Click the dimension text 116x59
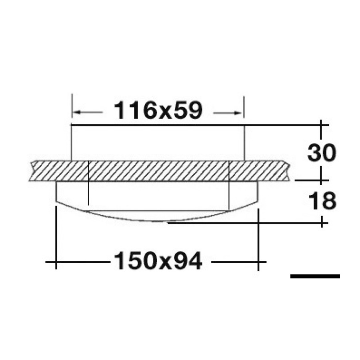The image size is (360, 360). [x=158, y=111]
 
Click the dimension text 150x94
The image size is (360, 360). [x=158, y=261]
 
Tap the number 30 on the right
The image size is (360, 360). [x=322, y=153]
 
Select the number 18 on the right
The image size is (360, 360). [x=322, y=201]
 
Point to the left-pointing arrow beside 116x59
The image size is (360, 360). [x=88, y=112]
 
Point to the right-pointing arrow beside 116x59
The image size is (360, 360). [x=228, y=113]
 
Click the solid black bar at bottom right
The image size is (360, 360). [x=315, y=276]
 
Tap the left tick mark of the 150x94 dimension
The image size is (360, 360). [x=56, y=262]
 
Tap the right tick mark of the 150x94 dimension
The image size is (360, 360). [x=258, y=262]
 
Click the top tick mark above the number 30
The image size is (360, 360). [x=321, y=125]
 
